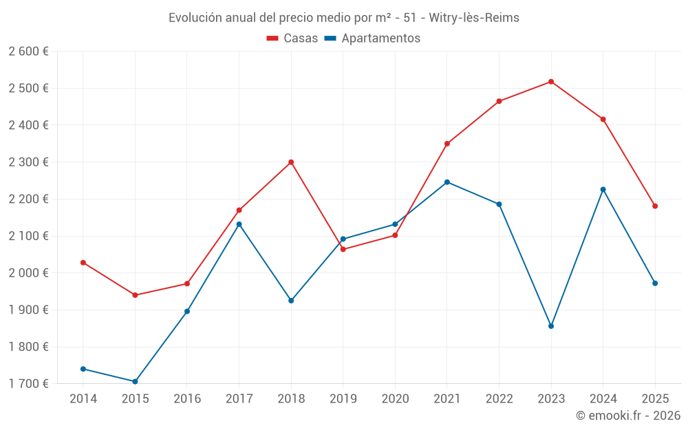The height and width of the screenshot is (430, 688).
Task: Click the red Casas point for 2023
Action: [x=551, y=82]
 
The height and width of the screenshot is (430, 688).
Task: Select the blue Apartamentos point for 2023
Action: [x=551, y=326]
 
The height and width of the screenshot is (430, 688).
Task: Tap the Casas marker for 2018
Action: [x=291, y=162]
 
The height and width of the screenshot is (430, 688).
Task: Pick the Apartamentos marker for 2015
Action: [x=135, y=382]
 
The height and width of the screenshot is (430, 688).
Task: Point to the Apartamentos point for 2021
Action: [x=447, y=182]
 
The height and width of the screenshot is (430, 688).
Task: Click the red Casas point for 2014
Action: [x=83, y=263]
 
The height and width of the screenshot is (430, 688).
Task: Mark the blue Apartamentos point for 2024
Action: [x=603, y=190]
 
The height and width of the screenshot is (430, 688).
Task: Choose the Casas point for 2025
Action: [x=655, y=206]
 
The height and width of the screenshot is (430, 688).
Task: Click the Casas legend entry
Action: [x=292, y=39]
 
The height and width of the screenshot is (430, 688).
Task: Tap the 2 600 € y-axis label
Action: [x=28, y=52]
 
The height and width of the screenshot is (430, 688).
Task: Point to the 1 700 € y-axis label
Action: [x=28, y=384]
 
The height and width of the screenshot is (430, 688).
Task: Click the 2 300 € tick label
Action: [x=28, y=162]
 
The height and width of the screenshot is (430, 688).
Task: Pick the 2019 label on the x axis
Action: [x=343, y=399]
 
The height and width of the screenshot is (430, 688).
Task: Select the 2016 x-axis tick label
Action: [x=187, y=399]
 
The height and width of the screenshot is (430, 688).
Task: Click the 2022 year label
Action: [x=499, y=399]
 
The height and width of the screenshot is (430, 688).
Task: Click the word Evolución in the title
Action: [x=195, y=17]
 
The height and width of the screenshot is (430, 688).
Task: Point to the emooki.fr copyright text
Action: [x=628, y=416]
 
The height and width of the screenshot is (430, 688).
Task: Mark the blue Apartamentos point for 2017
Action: [x=239, y=224]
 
